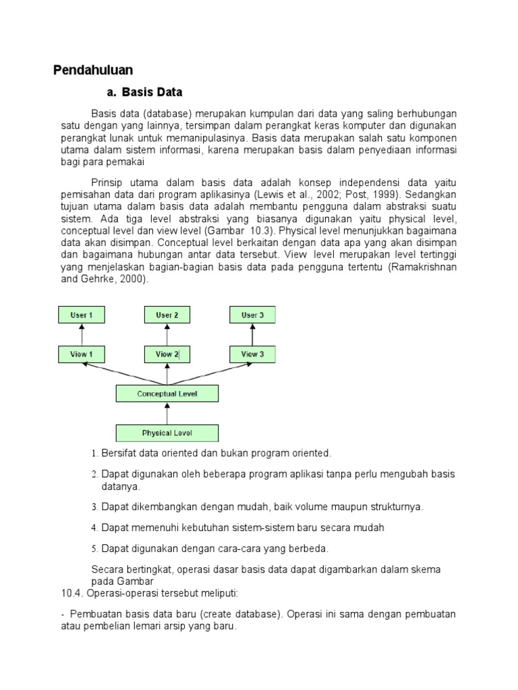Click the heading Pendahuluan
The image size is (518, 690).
click(93, 70)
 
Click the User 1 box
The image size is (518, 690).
click(82, 315)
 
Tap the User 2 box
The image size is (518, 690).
click(167, 315)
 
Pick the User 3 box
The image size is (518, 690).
click(252, 315)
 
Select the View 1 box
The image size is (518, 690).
click(82, 354)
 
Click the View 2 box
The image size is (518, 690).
click(167, 354)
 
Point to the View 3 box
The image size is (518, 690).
click(252, 354)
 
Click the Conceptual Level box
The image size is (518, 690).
click(167, 394)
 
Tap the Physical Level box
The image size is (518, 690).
click(167, 433)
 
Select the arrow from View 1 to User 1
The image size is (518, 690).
click(82, 334)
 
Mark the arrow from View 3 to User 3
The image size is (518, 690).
click(252, 334)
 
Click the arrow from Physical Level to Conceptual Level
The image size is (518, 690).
click(167, 413)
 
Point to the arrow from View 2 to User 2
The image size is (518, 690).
click(167, 334)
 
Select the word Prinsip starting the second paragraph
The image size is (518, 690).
click(107, 183)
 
